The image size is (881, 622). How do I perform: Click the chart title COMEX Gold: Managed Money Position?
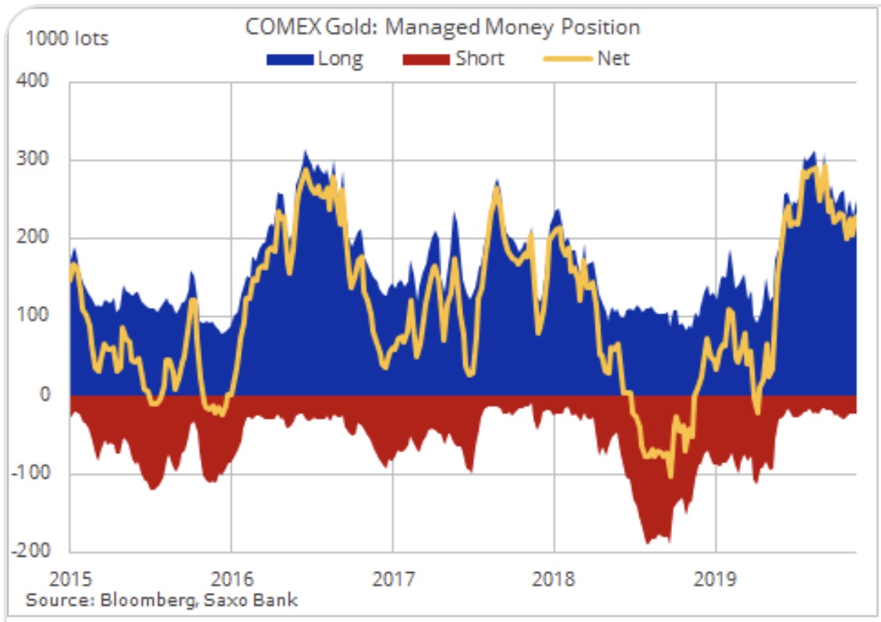pyautogui.click(x=442, y=27)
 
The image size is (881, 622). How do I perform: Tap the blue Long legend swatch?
pyautogui.click(x=290, y=59)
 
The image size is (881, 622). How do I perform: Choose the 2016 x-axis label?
pyautogui.click(x=231, y=579)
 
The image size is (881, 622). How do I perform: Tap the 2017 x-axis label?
pyautogui.click(x=392, y=579)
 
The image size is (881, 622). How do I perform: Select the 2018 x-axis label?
pyautogui.click(x=554, y=579)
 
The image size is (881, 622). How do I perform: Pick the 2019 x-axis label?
pyautogui.click(x=716, y=579)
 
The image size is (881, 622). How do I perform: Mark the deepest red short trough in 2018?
pyautogui.click(x=646, y=540)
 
